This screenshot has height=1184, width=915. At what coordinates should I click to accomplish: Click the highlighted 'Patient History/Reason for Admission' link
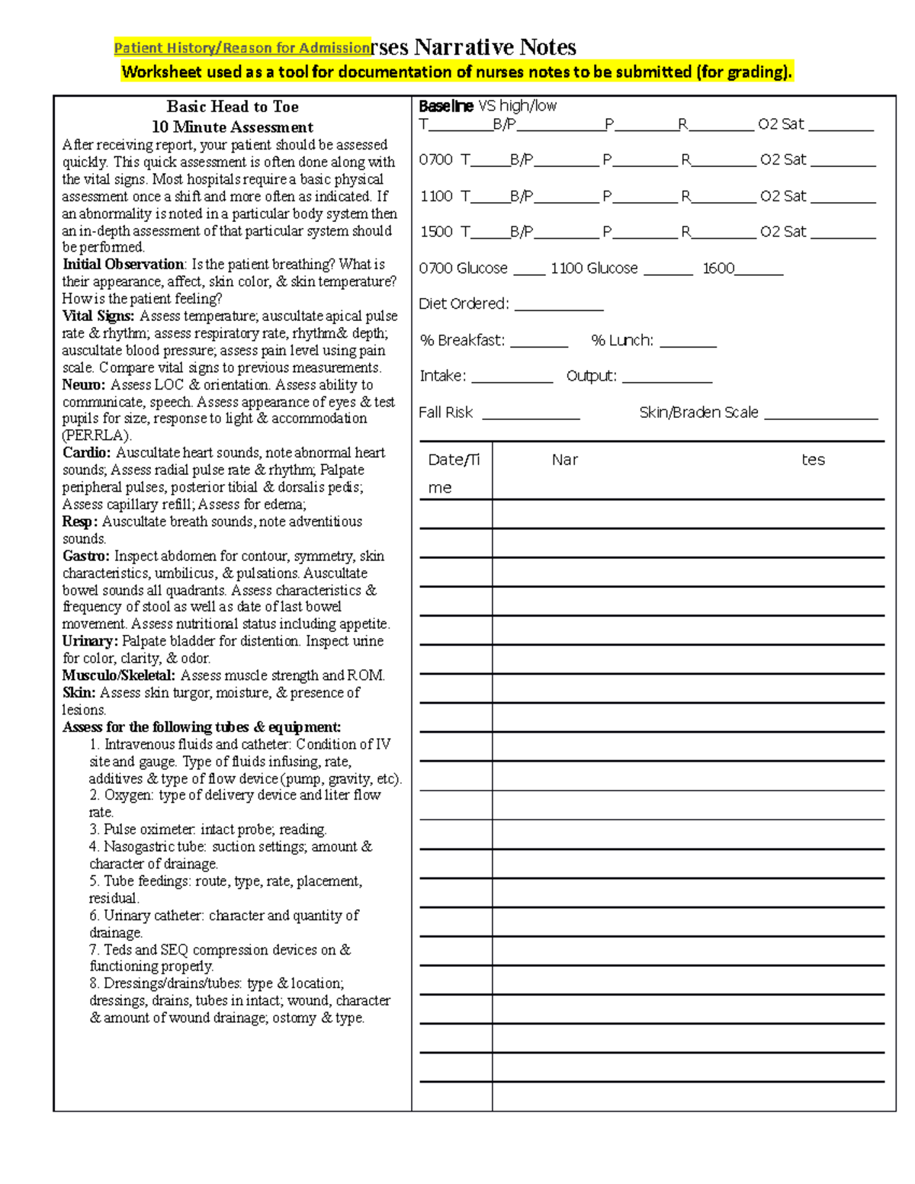(x=242, y=48)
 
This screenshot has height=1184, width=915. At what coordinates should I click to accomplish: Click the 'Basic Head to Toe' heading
(x=233, y=107)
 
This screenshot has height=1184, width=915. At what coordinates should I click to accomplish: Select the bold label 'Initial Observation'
(x=123, y=265)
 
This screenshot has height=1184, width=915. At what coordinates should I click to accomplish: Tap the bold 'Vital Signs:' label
(x=98, y=316)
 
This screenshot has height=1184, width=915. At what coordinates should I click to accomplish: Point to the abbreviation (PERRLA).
(x=97, y=436)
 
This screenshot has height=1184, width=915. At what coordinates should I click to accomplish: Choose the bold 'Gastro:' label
(x=86, y=557)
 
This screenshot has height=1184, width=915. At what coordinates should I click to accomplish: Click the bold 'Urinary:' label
(x=90, y=641)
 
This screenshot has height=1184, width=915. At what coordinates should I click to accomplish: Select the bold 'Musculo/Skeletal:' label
(x=119, y=675)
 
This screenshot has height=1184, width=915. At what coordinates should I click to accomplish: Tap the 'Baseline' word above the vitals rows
(x=446, y=106)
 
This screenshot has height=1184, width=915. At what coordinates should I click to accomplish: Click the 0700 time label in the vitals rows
(x=436, y=160)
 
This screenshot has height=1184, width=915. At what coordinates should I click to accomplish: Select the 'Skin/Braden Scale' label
(x=698, y=412)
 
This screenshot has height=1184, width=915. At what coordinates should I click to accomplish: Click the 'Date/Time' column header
(x=454, y=473)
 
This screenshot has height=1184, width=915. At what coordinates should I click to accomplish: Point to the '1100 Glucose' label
(x=594, y=268)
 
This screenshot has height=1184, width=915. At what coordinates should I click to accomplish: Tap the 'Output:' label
(x=591, y=376)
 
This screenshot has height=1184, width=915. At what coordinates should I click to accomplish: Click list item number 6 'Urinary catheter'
(x=223, y=916)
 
